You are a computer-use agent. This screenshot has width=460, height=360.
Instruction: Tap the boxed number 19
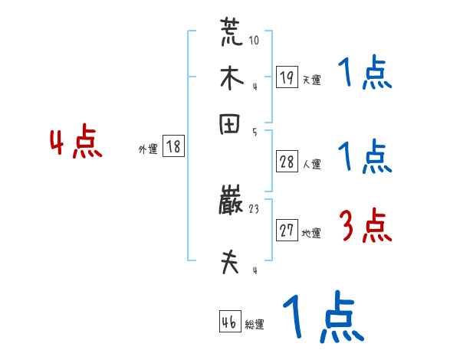tap(287, 77)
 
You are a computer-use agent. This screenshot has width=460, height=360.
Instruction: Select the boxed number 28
tap(287, 161)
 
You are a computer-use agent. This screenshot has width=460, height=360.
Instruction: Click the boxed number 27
tap(287, 231)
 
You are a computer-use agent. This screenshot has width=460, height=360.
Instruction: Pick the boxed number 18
tap(174, 147)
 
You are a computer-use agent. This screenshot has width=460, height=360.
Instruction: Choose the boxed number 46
tap(230, 322)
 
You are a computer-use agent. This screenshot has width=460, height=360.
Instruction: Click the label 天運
tap(311, 80)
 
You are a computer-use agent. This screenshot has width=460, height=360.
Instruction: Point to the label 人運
tap(311, 163)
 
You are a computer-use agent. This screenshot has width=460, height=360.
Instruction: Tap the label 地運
tap(311, 234)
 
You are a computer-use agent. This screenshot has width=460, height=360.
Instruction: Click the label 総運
tap(255, 325)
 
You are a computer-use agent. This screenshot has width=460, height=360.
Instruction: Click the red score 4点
tap(76, 144)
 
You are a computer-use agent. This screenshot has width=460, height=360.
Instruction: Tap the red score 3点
tap(365, 227)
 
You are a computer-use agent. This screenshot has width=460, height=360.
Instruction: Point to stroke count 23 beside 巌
tap(255, 208)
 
